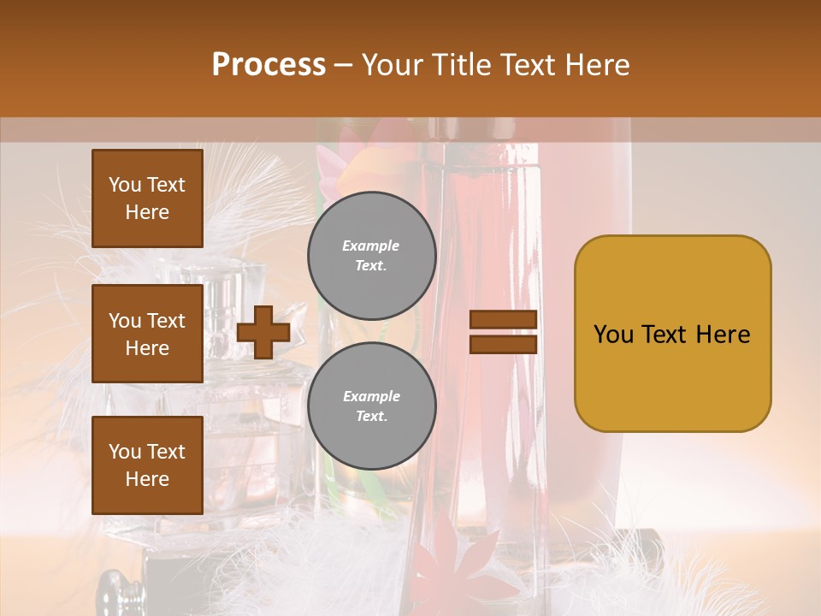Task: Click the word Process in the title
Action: pos(269,65)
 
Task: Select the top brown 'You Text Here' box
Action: pos(147,198)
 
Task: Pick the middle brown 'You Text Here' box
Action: pos(147,334)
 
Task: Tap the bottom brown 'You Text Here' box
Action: pos(147,465)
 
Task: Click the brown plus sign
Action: pos(263,332)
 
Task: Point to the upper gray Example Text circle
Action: pos(372,256)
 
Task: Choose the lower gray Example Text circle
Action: pos(372,406)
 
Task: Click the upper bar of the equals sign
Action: pos(503,319)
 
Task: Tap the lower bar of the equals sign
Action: pos(503,344)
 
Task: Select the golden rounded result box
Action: pos(672,334)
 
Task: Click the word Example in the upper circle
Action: pos(371,246)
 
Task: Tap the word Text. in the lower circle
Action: pos(371,417)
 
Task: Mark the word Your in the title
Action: pos(392,65)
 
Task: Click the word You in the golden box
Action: pos(613,335)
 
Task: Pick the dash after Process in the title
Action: pos(343,65)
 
